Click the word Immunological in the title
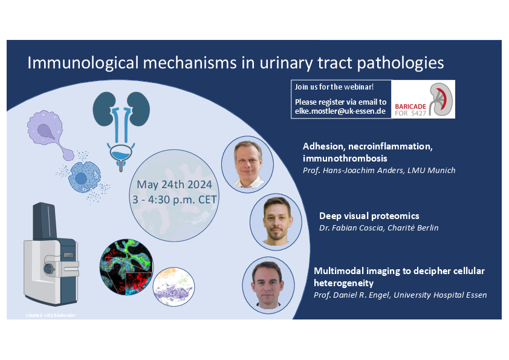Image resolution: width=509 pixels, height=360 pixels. click(83, 63)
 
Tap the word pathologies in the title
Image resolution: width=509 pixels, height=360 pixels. click(400, 63)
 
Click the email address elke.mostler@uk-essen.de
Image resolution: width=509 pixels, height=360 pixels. click(340, 111)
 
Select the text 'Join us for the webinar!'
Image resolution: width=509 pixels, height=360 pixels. click(334, 87)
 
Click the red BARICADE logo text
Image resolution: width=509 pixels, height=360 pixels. click(410, 106)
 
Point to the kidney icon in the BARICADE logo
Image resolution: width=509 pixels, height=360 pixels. click(441, 99)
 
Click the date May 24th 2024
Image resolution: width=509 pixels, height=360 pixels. click(174, 185)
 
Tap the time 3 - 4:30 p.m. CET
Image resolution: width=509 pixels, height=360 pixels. click(174, 200)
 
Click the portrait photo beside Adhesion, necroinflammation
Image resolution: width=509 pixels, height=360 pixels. click(248, 164)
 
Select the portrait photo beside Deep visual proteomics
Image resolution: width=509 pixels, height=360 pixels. click(276, 221)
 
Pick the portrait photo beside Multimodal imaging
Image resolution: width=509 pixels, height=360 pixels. click(268, 285)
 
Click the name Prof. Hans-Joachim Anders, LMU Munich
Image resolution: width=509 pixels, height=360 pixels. click(379, 170)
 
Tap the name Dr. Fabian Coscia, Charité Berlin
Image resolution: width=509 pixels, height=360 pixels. click(379, 227)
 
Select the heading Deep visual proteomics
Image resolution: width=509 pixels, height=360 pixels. click(369, 216)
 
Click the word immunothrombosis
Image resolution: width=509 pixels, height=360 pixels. click(345, 159)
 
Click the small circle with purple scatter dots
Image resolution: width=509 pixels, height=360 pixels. click(173, 287)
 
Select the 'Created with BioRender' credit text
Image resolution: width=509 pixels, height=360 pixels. click(51, 315)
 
